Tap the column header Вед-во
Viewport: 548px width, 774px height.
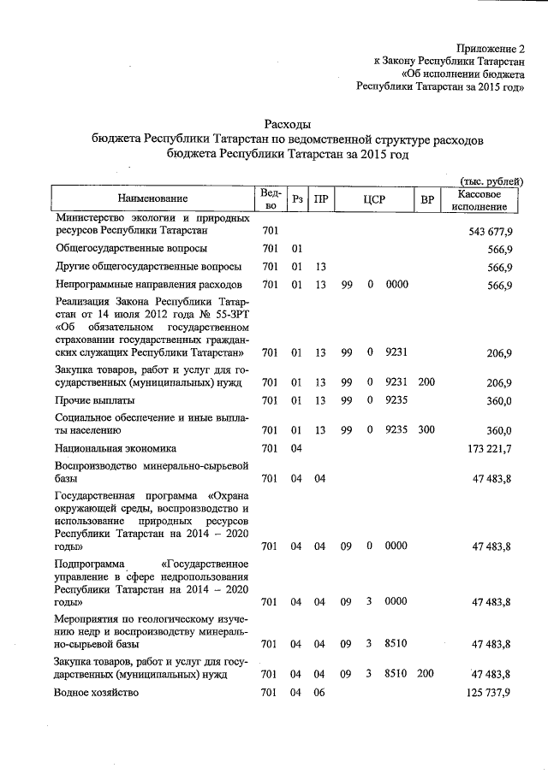click(x=271, y=198)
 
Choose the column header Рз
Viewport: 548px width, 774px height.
click(x=297, y=199)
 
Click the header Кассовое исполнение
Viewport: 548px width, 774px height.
click(x=480, y=199)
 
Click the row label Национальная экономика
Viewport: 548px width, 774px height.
click(x=115, y=447)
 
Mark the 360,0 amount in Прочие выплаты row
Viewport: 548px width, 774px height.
click(x=498, y=399)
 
